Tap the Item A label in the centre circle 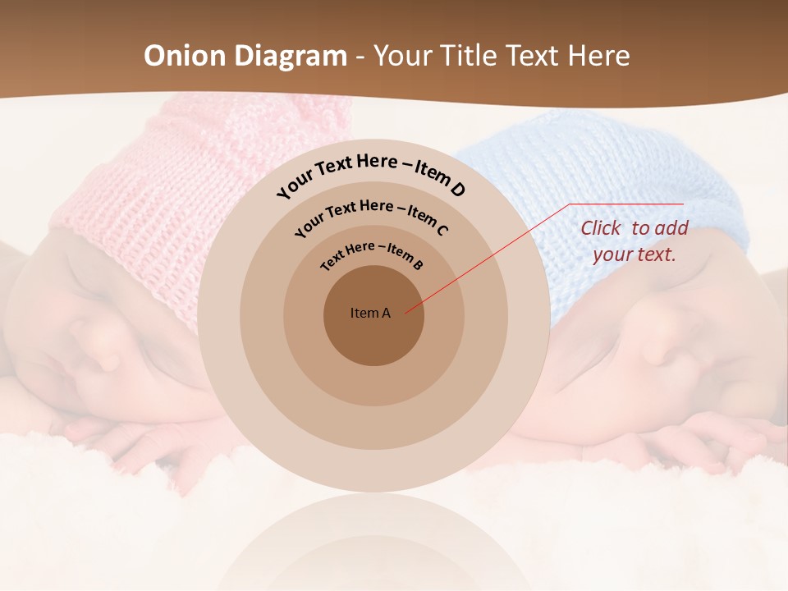click(370, 313)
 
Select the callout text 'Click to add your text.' click(634, 241)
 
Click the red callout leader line click(492, 255)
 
